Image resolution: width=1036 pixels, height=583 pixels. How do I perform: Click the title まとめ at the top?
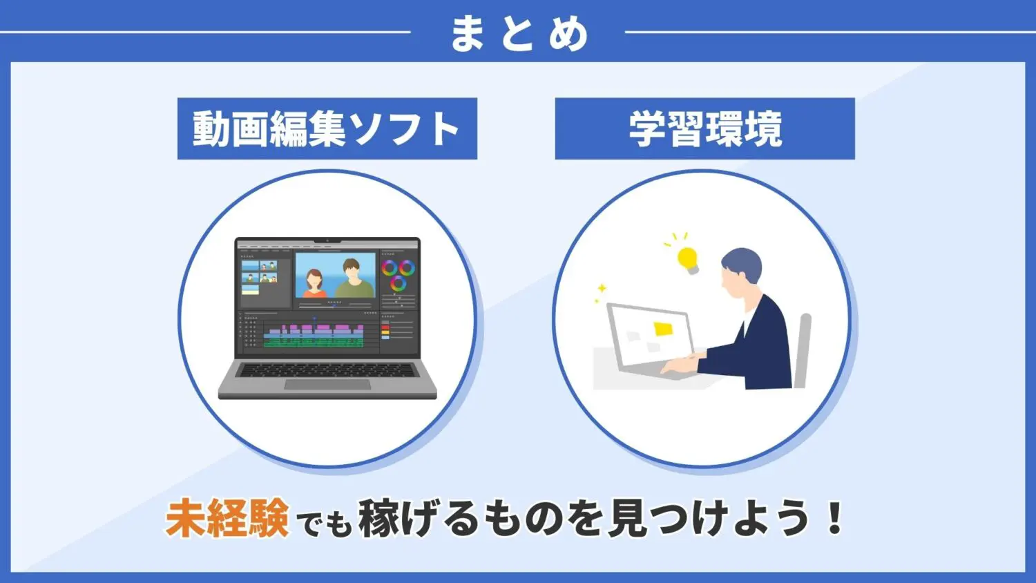point(518,33)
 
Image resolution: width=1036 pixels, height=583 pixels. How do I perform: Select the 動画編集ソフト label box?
point(327,128)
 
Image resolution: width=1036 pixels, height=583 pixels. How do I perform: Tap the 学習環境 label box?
point(704,128)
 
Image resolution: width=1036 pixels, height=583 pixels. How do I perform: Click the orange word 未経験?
point(227,519)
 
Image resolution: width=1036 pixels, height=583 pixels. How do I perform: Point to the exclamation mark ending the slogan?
point(835,519)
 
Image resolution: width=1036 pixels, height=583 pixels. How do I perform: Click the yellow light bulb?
point(687,260)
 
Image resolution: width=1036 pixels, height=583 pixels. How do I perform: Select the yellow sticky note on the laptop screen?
point(663,329)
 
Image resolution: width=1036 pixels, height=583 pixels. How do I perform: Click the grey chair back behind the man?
point(803,349)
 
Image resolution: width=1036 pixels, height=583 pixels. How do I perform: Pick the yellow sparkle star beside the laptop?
point(602,288)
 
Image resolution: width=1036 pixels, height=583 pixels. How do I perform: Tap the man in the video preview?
point(352,278)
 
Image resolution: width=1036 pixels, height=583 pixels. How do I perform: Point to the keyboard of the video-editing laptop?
point(327,370)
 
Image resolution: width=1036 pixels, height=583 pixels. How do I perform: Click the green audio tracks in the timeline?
point(314,342)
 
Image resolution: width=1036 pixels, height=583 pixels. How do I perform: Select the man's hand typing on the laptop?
point(680,365)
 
